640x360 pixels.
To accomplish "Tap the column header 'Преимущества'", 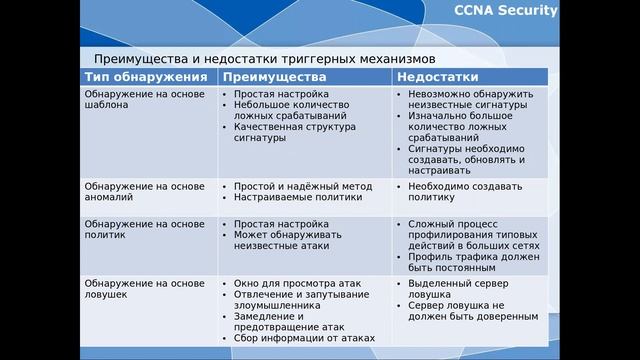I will pos(274,77).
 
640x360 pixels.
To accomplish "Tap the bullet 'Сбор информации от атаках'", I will pos(304,338).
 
